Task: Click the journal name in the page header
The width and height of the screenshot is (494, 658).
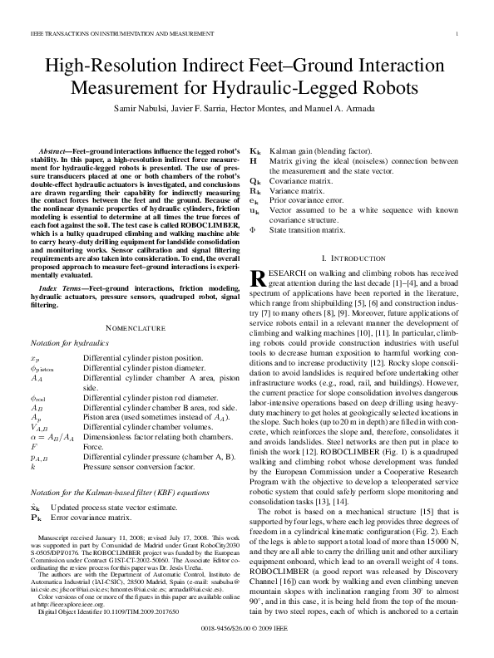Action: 100,33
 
